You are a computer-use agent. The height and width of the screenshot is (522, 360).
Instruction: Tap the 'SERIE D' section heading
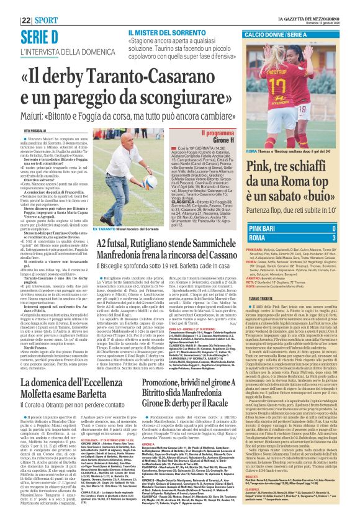42,35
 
